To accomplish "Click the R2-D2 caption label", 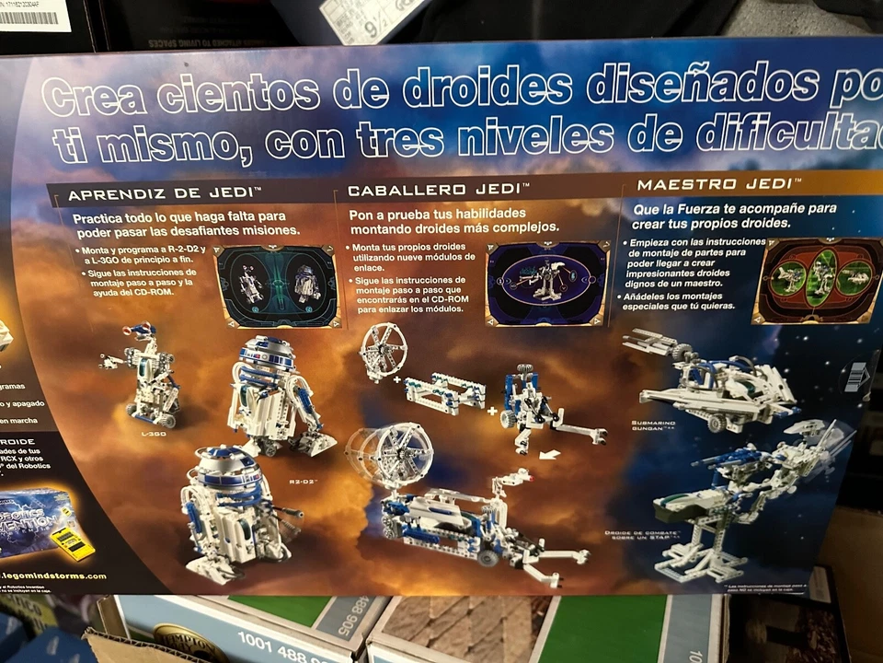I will point(304,480).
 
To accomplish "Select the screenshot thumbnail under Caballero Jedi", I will point(547,282).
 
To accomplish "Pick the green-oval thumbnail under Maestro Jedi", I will point(819,279).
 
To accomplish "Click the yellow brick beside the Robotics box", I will point(71,542).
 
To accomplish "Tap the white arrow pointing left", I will point(549,454).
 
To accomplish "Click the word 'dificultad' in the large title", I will point(791,134).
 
